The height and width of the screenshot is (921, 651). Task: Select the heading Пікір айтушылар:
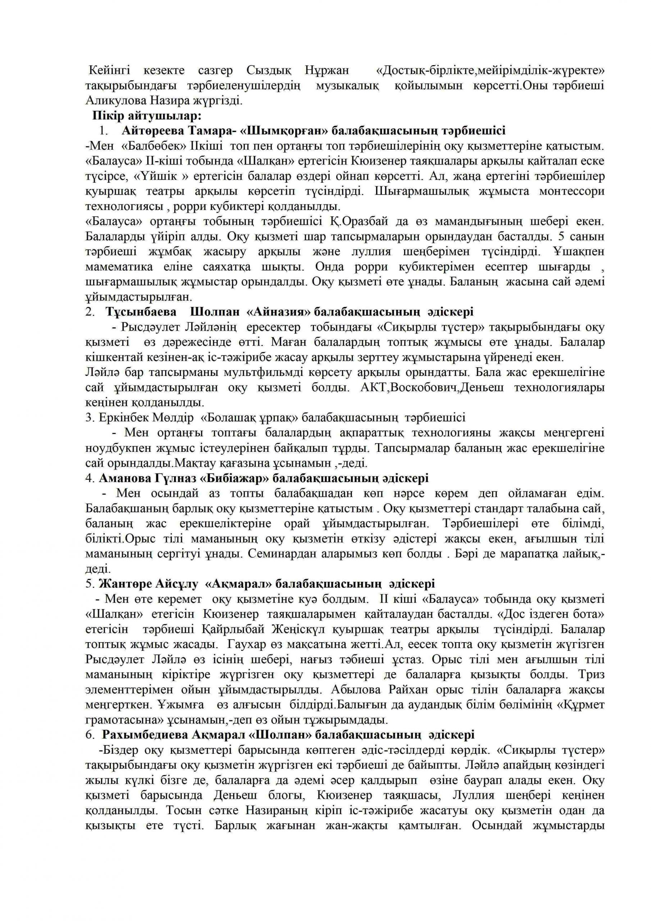[147, 116]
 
